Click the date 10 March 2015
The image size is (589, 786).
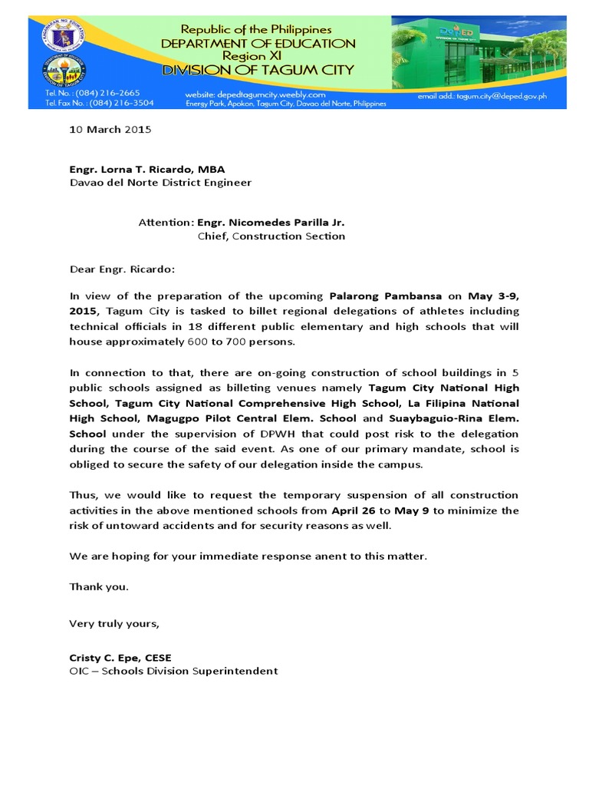[110, 129]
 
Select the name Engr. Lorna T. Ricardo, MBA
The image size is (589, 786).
[147, 169]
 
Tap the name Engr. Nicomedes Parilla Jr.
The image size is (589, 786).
[271, 223]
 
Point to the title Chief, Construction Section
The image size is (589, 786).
[271, 236]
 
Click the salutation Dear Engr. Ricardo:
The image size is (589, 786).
[122, 269]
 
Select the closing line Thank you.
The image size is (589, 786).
[99, 586]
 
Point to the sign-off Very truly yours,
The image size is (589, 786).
[114, 623]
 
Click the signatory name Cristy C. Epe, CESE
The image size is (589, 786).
[120, 658]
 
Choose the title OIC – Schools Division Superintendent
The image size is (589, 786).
[173, 671]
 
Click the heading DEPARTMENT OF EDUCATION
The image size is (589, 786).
[258, 44]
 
